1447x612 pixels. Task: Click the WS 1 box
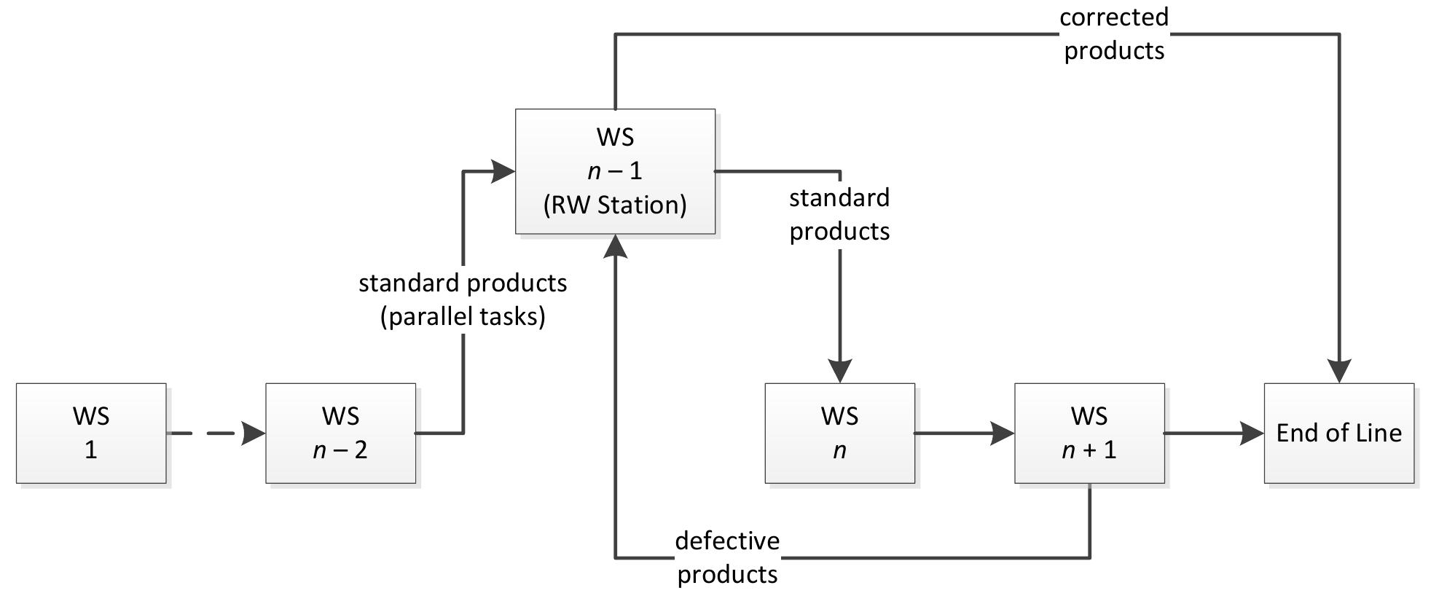point(91,433)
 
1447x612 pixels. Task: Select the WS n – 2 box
point(340,433)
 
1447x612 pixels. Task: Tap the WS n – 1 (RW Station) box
point(615,171)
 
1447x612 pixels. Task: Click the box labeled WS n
point(839,433)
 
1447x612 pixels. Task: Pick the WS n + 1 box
point(1089,433)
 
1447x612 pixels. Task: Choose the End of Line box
point(1339,433)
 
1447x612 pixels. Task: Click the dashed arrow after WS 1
point(216,433)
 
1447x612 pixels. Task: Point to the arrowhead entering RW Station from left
point(503,171)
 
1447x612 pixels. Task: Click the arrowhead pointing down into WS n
point(839,371)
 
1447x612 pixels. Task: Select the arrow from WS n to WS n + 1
point(964,433)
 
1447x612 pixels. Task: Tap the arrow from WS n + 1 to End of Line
point(1214,433)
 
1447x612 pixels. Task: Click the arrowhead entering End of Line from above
point(1339,371)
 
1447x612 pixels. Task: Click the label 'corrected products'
point(1114,34)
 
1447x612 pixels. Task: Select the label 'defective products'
point(727,557)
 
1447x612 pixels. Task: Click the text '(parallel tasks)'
point(463,316)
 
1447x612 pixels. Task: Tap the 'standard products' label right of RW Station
point(839,214)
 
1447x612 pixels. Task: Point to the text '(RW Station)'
point(615,205)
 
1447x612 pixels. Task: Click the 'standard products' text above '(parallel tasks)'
point(463,283)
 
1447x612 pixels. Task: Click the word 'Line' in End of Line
point(1379,433)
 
